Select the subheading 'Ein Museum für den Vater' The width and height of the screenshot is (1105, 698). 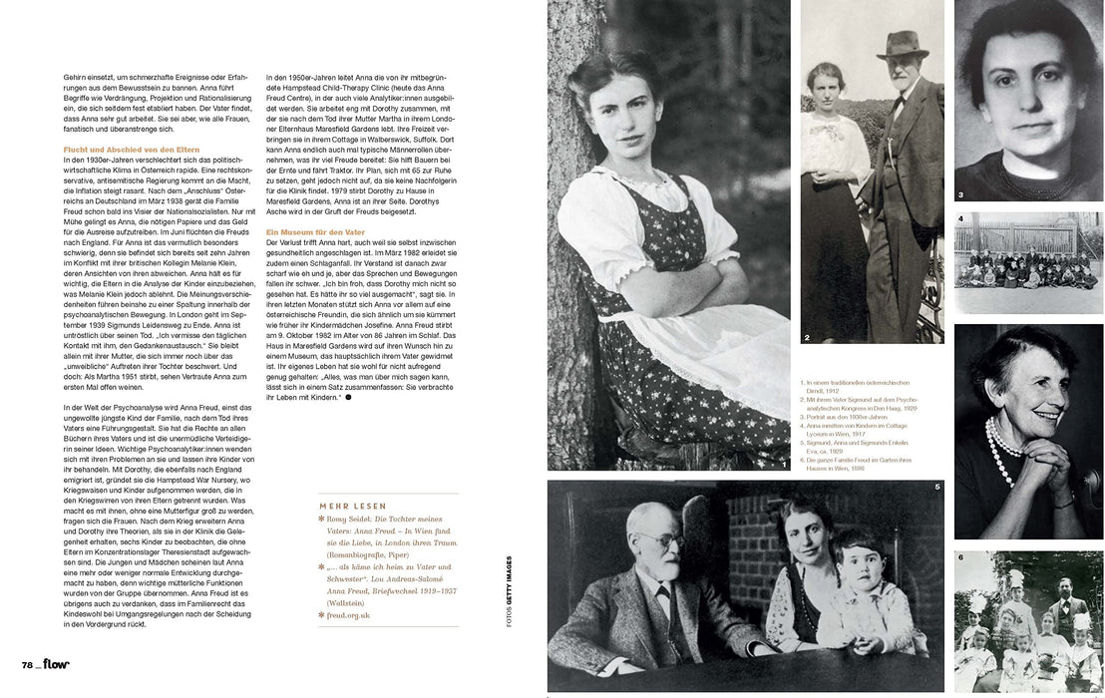coord(313,231)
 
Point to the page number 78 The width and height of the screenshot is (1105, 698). coord(30,665)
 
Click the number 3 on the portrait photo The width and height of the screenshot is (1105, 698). coord(960,194)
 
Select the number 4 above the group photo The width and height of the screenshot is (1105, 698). coord(960,218)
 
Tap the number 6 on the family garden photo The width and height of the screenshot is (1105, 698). coord(960,556)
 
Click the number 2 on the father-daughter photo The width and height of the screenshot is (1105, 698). coord(806,337)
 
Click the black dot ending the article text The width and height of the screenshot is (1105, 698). coord(348,397)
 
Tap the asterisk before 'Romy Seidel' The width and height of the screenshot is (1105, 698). coord(321,521)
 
